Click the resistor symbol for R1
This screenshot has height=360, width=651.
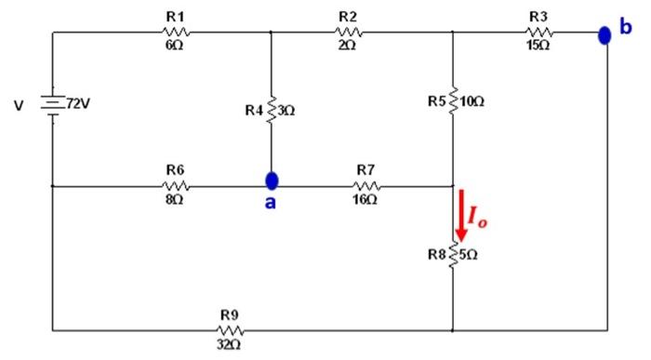(x=177, y=33)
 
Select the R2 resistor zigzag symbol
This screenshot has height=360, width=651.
(x=348, y=33)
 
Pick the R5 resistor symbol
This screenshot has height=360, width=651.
(x=453, y=100)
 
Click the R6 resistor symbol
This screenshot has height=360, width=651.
(x=176, y=186)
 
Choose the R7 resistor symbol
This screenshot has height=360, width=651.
(x=365, y=186)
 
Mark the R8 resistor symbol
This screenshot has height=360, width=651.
(x=453, y=255)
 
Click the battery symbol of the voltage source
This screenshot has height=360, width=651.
(x=52, y=105)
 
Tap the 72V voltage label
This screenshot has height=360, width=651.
(x=80, y=104)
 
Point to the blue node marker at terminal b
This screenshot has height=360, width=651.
(x=604, y=35)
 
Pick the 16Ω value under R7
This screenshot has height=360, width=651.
(x=365, y=200)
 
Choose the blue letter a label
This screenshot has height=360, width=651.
(x=270, y=203)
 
